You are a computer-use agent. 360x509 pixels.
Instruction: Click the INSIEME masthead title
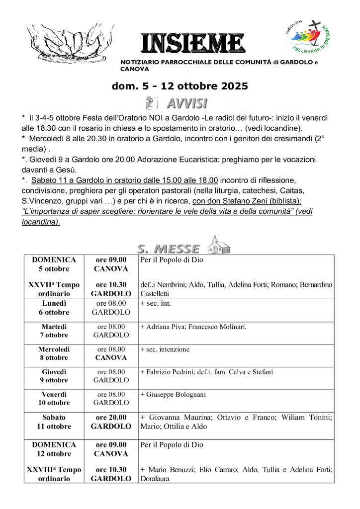(192, 43)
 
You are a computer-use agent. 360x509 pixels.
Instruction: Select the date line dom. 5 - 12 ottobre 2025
(180, 86)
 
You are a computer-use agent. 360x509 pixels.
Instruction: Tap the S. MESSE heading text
(168, 248)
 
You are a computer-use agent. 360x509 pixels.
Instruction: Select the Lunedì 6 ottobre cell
(54, 308)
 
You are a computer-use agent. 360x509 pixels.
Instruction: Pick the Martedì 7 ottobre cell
(54, 331)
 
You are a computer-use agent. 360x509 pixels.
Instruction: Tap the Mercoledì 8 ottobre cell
(54, 353)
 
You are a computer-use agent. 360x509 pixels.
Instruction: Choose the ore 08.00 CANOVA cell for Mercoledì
(111, 353)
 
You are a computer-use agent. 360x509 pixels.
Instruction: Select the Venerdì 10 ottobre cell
(54, 399)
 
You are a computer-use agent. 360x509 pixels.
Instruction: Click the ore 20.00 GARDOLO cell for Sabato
(111, 422)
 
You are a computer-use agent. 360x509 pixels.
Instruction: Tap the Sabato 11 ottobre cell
(54, 422)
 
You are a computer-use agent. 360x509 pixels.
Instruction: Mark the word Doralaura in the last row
(155, 479)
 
